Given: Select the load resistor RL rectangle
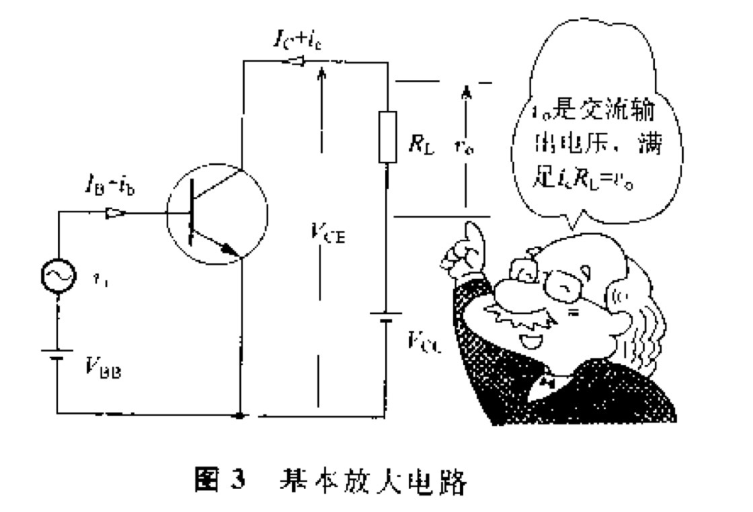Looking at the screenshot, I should tap(389, 138).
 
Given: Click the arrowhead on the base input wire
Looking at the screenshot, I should tap(116, 213).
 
